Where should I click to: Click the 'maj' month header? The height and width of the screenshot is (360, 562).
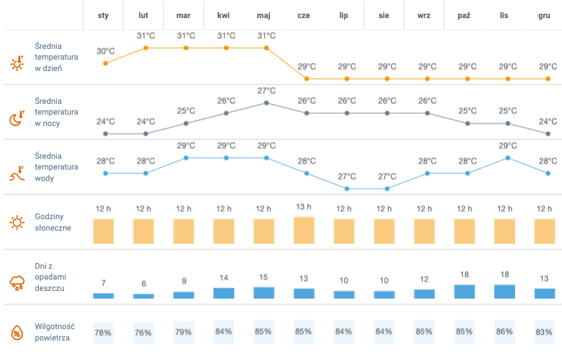[x=263, y=15]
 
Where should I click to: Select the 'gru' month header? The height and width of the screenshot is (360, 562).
[x=544, y=15]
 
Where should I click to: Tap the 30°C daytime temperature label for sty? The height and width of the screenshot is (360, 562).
[x=105, y=51]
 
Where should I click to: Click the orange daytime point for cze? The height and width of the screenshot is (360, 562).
[x=307, y=78]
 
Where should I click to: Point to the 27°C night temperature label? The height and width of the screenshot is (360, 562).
[x=267, y=91]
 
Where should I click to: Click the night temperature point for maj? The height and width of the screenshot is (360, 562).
[x=267, y=103]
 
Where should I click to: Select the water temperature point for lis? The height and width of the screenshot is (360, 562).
[x=508, y=158]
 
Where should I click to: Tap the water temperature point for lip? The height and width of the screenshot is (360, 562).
[x=347, y=188]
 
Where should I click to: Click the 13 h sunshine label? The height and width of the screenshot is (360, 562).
[x=303, y=207]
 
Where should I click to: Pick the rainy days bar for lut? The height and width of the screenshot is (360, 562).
[x=143, y=296]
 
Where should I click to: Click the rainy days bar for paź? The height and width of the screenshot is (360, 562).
[x=464, y=292]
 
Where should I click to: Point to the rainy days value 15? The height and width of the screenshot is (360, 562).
[x=263, y=278]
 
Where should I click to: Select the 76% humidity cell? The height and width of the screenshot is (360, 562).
[x=143, y=332]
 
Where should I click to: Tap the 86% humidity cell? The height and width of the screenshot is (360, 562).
[x=504, y=332]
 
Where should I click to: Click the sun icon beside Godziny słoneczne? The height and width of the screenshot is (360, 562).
[x=17, y=223]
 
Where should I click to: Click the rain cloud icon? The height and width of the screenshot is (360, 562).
[x=17, y=282]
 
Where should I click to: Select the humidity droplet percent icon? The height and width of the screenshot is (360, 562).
[x=17, y=332]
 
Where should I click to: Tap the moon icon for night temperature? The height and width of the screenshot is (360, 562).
[x=17, y=119]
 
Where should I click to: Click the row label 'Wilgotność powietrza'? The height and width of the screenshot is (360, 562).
[x=54, y=332]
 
